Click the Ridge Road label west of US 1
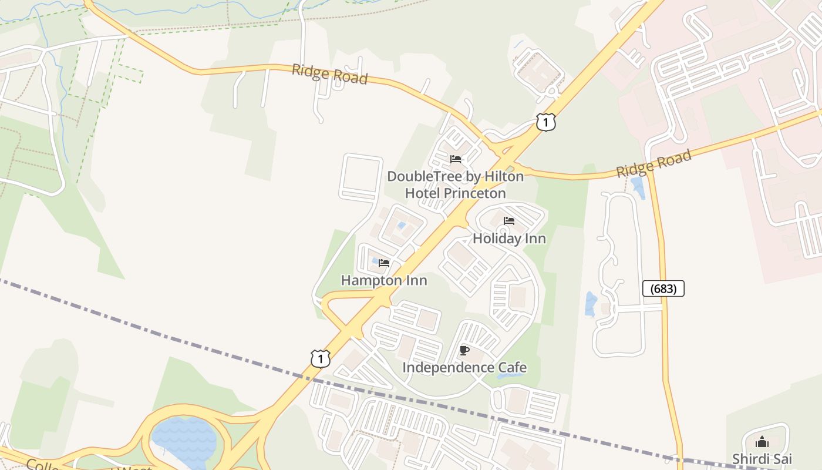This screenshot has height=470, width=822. coord(329,75)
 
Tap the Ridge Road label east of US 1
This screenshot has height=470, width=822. coord(653,163)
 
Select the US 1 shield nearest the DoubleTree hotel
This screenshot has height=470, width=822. coord(545,122)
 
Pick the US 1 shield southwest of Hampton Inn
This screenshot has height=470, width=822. coord(320,358)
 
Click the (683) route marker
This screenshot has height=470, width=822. coord(663,288)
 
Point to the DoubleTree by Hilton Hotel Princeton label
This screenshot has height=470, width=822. coord(455,184)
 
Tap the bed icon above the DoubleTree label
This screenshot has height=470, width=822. coord(455,159)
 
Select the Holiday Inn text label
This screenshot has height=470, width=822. coord(509,239)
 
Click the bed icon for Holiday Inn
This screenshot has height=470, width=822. coord(509,221)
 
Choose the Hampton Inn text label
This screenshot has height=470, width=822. coord(384,280)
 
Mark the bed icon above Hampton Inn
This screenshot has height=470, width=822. coord(384,263)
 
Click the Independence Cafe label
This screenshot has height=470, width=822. coord(464,368)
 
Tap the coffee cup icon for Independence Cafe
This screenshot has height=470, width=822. coord(464,351)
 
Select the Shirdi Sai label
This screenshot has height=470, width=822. coord(762,458)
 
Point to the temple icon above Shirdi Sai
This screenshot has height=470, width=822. coord(762,442)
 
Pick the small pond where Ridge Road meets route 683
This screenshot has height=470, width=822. coord(638,187)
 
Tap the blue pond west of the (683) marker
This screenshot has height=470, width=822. coord(591,304)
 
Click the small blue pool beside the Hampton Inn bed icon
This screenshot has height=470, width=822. coord(375,261)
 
